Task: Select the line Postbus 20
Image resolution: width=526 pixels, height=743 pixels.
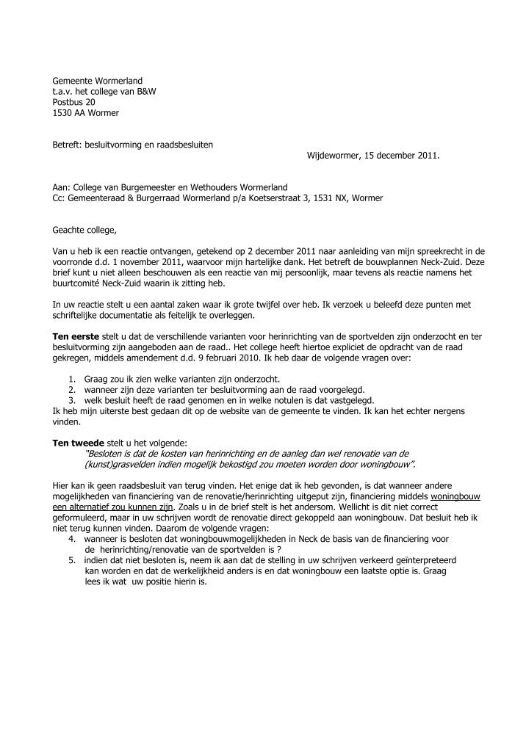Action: pyautogui.click(x=73, y=102)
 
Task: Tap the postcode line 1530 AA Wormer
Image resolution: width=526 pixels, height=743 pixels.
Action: pyautogui.click(x=85, y=113)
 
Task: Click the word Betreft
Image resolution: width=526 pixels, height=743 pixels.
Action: pyautogui.click(x=67, y=145)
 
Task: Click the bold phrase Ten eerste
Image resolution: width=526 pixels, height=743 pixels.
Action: pyautogui.click(x=75, y=336)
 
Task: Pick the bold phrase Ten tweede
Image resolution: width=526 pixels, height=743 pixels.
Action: pyautogui.click(x=77, y=443)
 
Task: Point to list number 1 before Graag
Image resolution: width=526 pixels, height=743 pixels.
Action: pyautogui.click(x=71, y=379)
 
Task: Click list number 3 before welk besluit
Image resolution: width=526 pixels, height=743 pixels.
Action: pyautogui.click(x=71, y=400)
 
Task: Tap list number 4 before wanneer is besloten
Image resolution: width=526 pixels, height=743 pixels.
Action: pyautogui.click(x=71, y=539)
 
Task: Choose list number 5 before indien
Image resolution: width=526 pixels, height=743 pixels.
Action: pyautogui.click(x=71, y=560)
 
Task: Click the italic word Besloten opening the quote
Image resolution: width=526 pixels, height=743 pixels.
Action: pyautogui.click(x=109, y=454)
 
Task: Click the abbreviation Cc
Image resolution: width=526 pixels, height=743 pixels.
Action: pyautogui.click(x=58, y=197)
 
